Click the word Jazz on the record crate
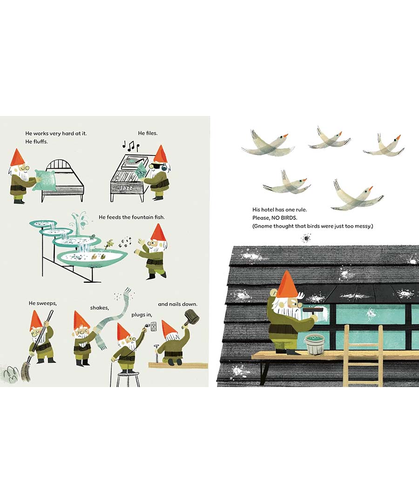click(x=126, y=188)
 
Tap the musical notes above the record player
click(x=130, y=146)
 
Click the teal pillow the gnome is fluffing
click(x=45, y=180)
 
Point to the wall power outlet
click(x=154, y=327)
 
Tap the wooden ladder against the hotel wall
click(x=363, y=356)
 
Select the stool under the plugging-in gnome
click(x=128, y=379)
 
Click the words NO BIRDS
click(x=284, y=218)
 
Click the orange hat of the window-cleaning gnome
click(x=287, y=285)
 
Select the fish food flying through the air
click(x=125, y=242)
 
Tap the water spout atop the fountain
click(x=79, y=220)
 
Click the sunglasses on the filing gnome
click(x=153, y=166)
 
